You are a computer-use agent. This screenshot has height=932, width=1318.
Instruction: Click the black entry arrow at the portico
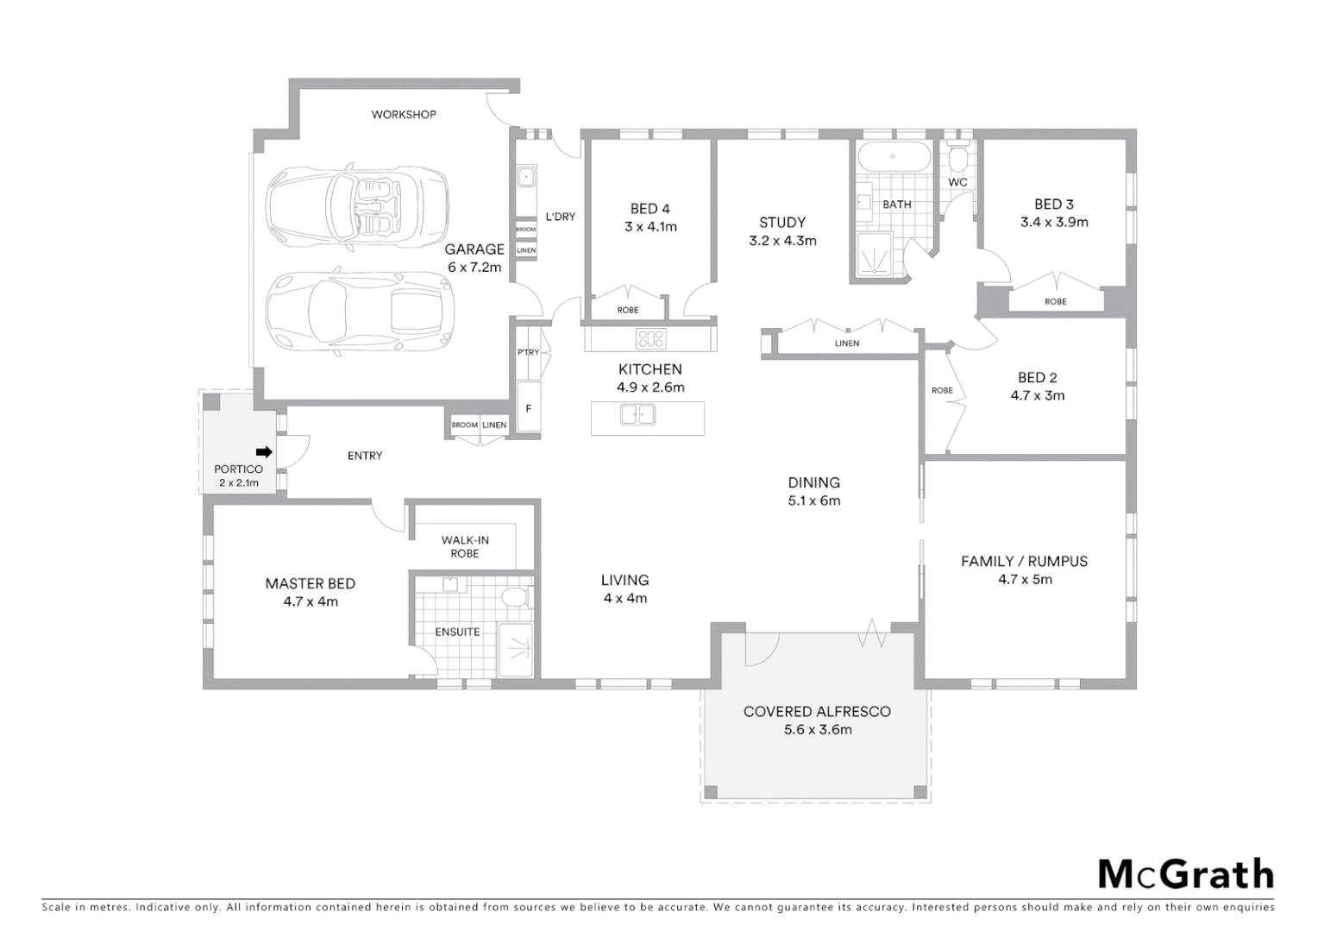point(264,451)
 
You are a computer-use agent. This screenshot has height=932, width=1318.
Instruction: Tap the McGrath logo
point(1185,874)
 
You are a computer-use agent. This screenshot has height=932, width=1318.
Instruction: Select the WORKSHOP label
point(404,114)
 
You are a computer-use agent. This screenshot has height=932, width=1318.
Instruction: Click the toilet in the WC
point(957,159)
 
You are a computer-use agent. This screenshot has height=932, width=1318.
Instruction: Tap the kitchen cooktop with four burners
point(650,338)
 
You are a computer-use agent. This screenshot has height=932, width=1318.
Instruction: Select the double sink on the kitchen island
point(637,415)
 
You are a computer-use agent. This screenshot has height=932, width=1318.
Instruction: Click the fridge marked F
point(528,409)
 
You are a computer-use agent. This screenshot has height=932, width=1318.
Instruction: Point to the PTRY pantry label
point(528,352)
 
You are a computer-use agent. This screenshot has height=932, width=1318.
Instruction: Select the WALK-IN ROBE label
point(465,546)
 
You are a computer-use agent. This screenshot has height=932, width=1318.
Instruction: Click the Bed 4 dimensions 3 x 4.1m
point(650,227)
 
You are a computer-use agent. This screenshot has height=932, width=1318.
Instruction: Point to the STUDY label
point(782,222)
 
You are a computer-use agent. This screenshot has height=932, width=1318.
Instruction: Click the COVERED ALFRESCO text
point(817,711)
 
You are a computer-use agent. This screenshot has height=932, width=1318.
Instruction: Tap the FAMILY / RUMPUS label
point(1024,561)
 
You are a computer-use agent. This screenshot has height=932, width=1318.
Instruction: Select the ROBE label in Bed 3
point(1055,301)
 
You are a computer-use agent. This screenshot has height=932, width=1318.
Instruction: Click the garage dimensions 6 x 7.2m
point(474,268)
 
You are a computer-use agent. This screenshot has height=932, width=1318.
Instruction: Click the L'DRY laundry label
point(560,217)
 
